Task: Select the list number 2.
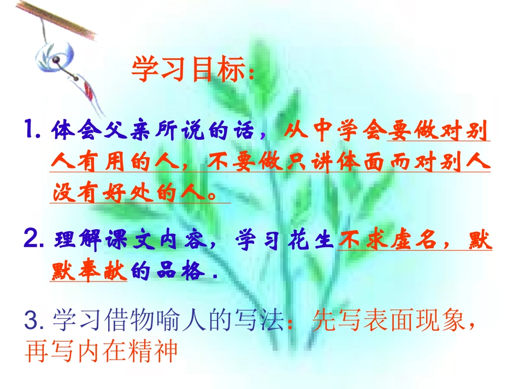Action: click(x=34, y=240)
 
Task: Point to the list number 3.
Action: click(x=34, y=321)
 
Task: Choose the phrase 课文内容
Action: click(x=159, y=241)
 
